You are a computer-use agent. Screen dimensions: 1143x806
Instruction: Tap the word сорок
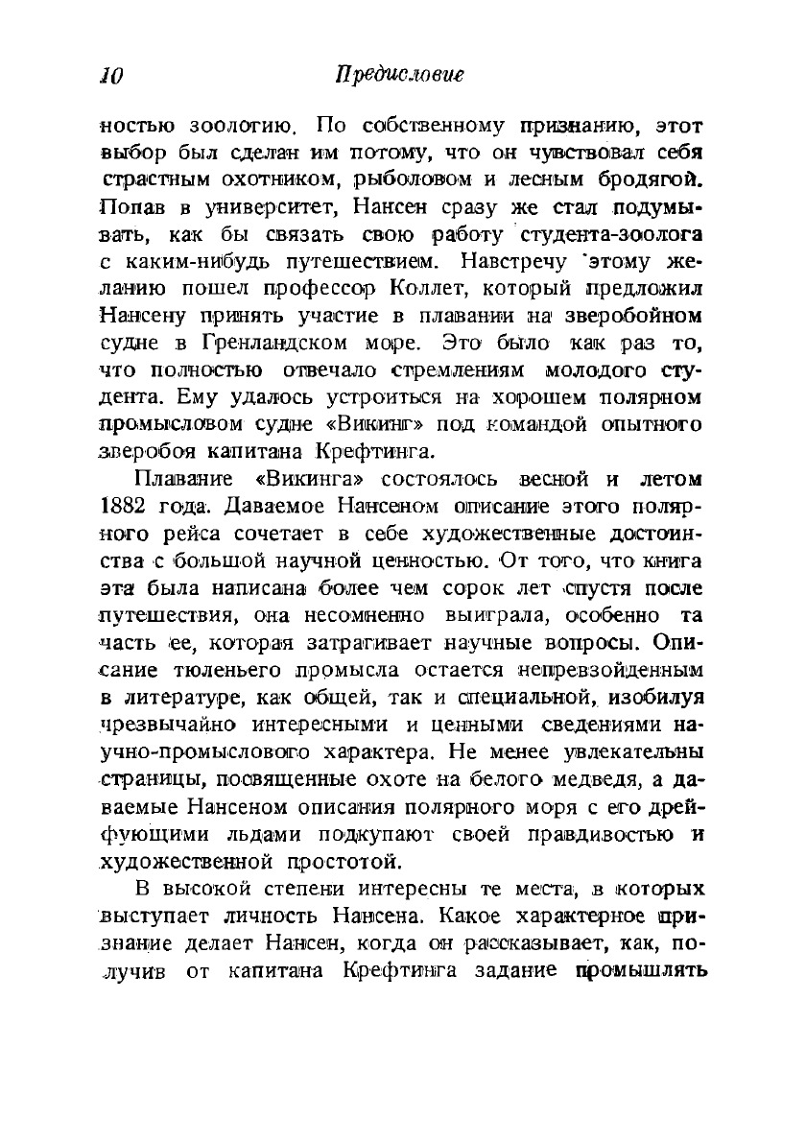(466, 586)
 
